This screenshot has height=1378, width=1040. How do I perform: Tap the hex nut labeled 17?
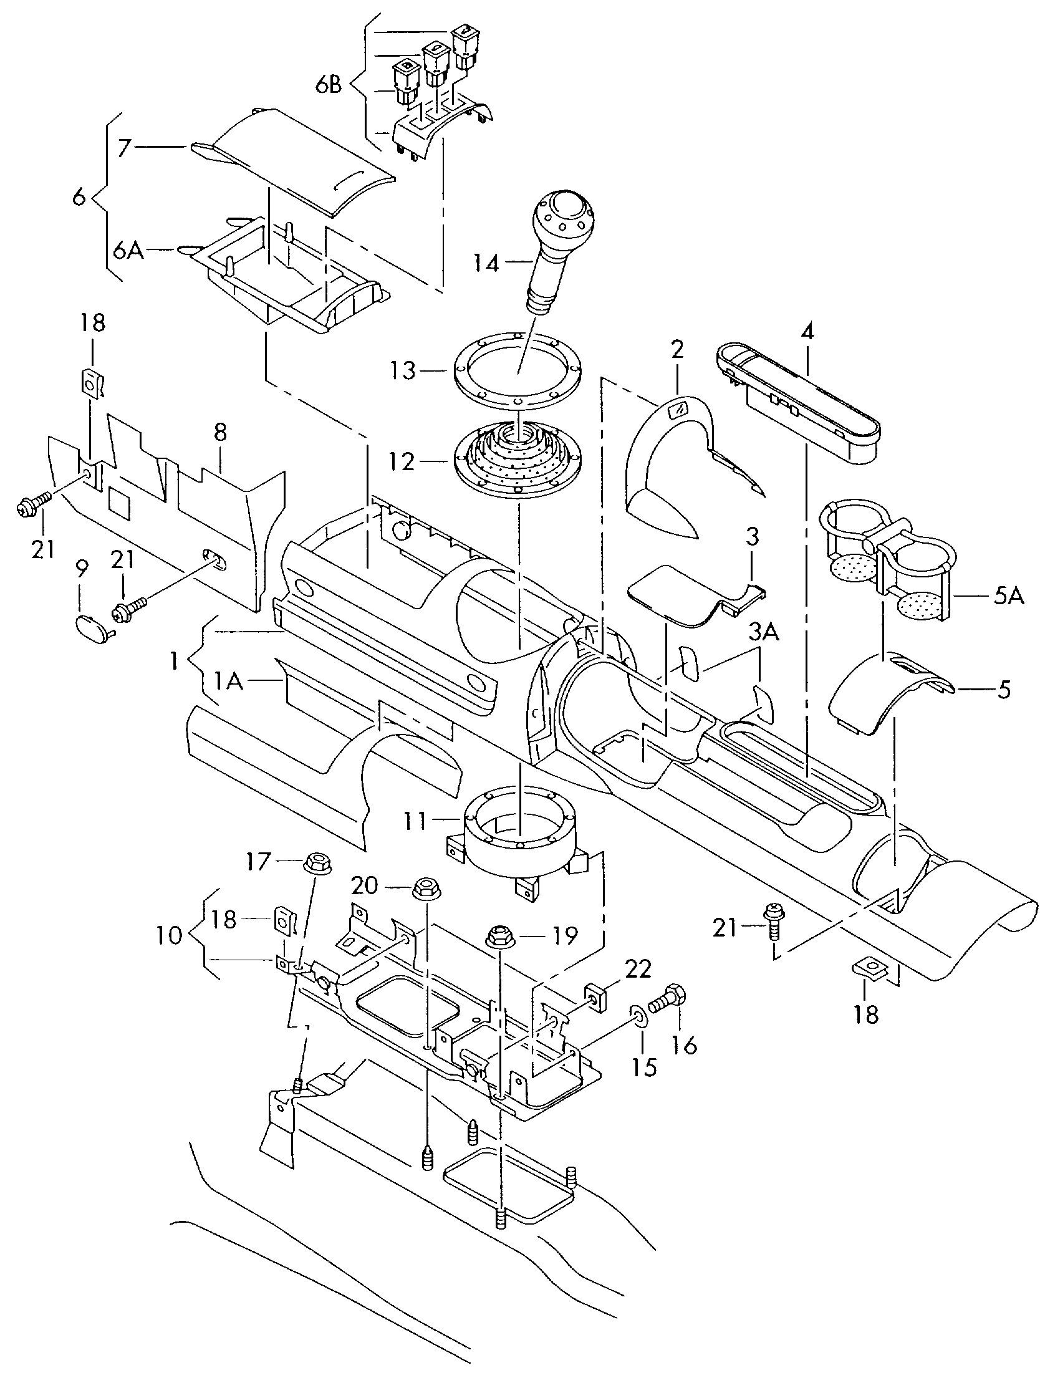(x=317, y=864)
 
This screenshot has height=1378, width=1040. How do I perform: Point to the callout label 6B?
(x=328, y=85)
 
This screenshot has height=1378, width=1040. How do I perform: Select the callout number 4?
(x=807, y=332)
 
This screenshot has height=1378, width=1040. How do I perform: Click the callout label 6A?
(x=128, y=251)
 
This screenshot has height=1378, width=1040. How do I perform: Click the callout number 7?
(x=124, y=148)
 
